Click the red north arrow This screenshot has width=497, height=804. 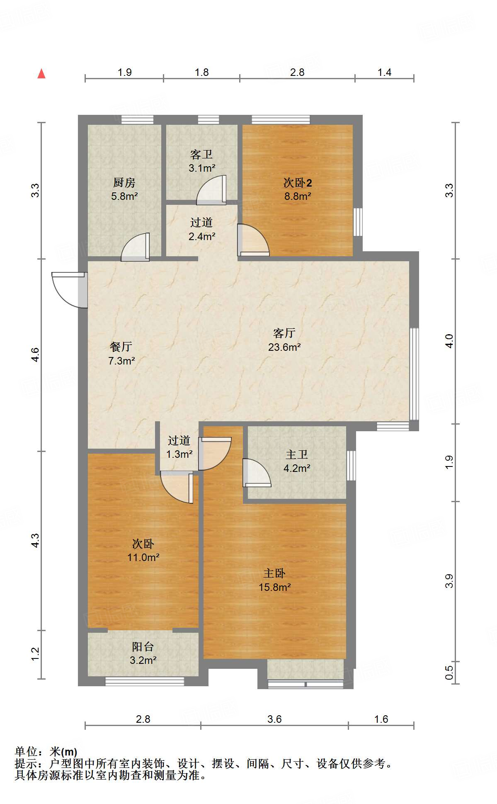click(41, 74)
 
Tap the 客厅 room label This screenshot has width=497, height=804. click(284, 333)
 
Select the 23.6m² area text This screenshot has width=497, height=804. click(284, 347)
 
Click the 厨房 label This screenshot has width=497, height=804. click(124, 182)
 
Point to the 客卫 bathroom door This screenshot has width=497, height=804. click(212, 191)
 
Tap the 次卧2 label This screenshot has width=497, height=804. click(297, 182)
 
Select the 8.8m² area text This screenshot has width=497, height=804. click(297, 196)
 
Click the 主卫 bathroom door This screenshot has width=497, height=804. click(256, 473)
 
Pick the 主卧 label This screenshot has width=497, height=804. click(274, 573)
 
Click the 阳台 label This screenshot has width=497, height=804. click(143, 646)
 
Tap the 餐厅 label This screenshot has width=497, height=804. click(121, 347)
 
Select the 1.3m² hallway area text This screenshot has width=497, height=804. click(179, 454)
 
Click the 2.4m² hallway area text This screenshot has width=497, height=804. click(201, 236)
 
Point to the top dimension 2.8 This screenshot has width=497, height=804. click(297, 73)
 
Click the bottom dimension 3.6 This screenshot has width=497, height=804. click(274, 719)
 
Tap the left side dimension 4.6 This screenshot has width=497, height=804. click(35, 355)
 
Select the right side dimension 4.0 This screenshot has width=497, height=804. click(449, 341)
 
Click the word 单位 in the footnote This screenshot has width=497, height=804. click(26, 752)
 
